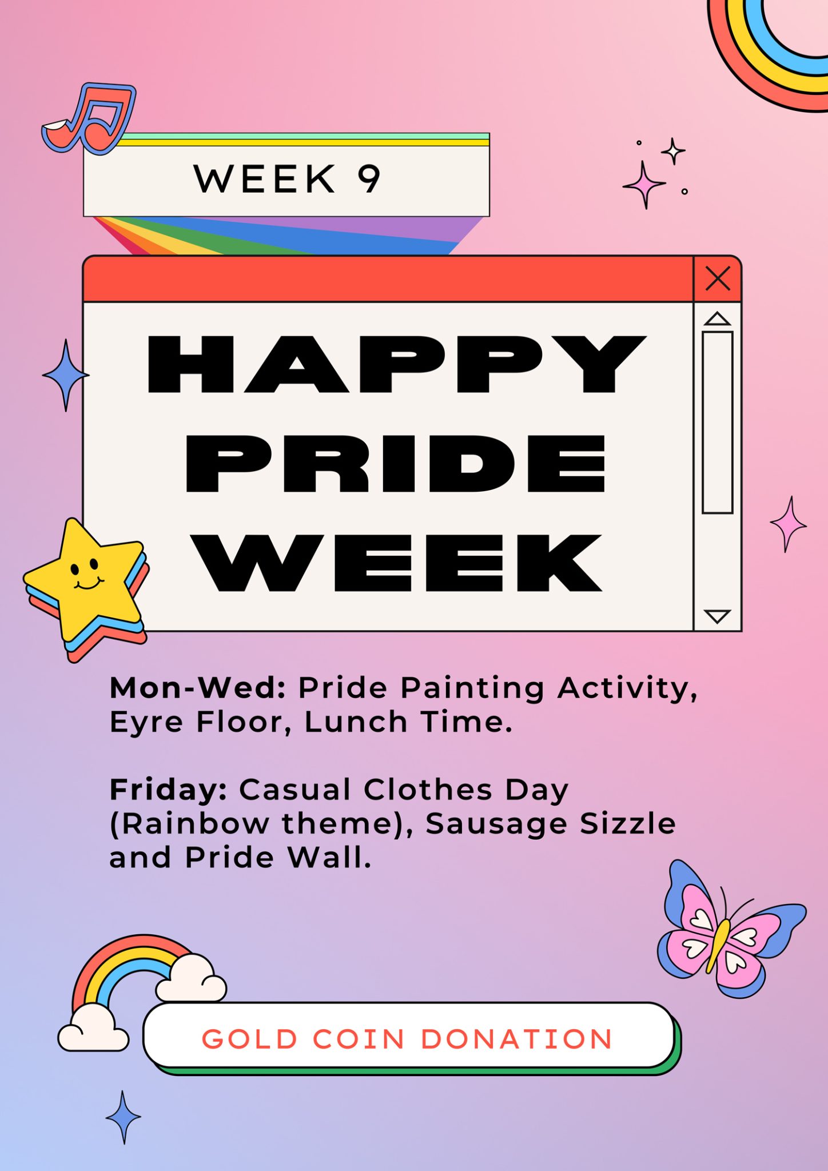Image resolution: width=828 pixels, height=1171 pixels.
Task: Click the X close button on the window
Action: click(718, 279)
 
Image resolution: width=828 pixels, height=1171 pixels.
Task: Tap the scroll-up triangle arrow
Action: click(717, 319)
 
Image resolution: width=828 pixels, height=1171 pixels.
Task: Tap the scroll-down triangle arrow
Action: click(717, 616)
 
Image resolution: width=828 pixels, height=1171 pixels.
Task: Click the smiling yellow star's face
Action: click(86, 575)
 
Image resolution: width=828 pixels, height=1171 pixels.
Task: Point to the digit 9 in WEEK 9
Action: click(369, 179)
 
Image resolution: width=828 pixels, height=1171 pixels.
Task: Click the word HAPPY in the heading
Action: click(396, 364)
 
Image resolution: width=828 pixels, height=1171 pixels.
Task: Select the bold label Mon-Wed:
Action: click(198, 687)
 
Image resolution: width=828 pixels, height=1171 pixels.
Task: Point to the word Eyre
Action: click(146, 722)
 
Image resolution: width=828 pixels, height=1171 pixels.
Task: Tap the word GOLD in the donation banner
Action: click(250, 1039)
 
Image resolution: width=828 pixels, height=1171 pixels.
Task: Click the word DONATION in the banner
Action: click(516, 1039)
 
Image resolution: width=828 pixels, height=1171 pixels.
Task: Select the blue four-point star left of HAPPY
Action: click(66, 375)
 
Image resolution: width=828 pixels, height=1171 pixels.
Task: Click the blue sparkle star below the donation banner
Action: click(123, 1117)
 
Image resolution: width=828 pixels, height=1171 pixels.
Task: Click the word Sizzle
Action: click(628, 824)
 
